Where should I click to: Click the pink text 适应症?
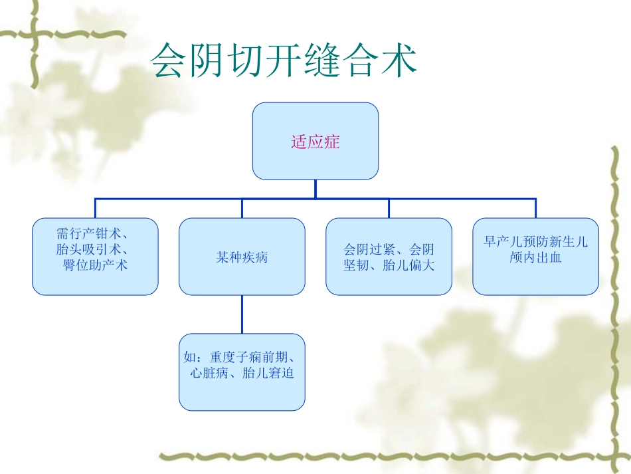[315, 142]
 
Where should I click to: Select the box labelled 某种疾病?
[242, 257]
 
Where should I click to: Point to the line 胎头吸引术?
[92, 251]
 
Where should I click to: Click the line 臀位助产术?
[96, 265]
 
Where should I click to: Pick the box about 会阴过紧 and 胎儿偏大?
[389, 257]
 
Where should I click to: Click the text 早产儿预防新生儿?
[535, 242]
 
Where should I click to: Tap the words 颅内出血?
[535, 257]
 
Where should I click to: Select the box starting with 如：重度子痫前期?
[242, 372]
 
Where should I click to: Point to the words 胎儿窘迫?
[268, 373]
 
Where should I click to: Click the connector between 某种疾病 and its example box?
[242, 314]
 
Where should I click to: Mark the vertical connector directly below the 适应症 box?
[315, 189]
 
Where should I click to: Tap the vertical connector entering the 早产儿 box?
[535, 208]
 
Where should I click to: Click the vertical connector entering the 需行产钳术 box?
[95, 208]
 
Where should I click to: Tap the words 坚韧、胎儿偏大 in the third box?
[389, 265]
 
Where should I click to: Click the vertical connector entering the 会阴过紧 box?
[389, 208]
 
